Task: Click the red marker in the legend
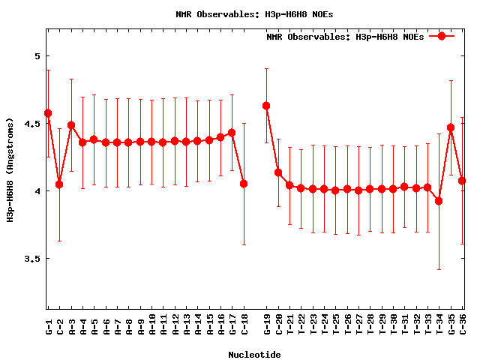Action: [x=442, y=36]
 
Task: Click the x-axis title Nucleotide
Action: [x=255, y=355]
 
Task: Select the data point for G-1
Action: [x=48, y=113]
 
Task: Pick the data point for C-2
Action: [x=59, y=184]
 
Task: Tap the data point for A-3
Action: [x=71, y=125]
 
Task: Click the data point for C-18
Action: [x=244, y=184]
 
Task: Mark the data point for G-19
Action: [x=266, y=106]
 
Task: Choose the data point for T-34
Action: [x=439, y=201]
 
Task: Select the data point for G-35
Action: [x=451, y=127]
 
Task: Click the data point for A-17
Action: [x=232, y=133]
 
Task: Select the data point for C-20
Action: [x=278, y=172]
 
